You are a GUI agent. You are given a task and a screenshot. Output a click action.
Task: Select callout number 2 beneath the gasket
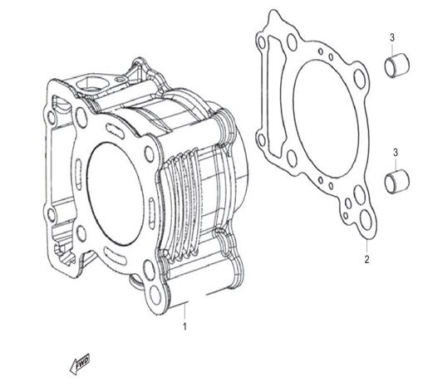click(x=366, y=259)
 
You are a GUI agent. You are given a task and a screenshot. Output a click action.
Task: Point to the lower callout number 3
click(x=396, y=151)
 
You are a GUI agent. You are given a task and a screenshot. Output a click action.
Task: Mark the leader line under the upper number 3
click(x=396, y=51)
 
